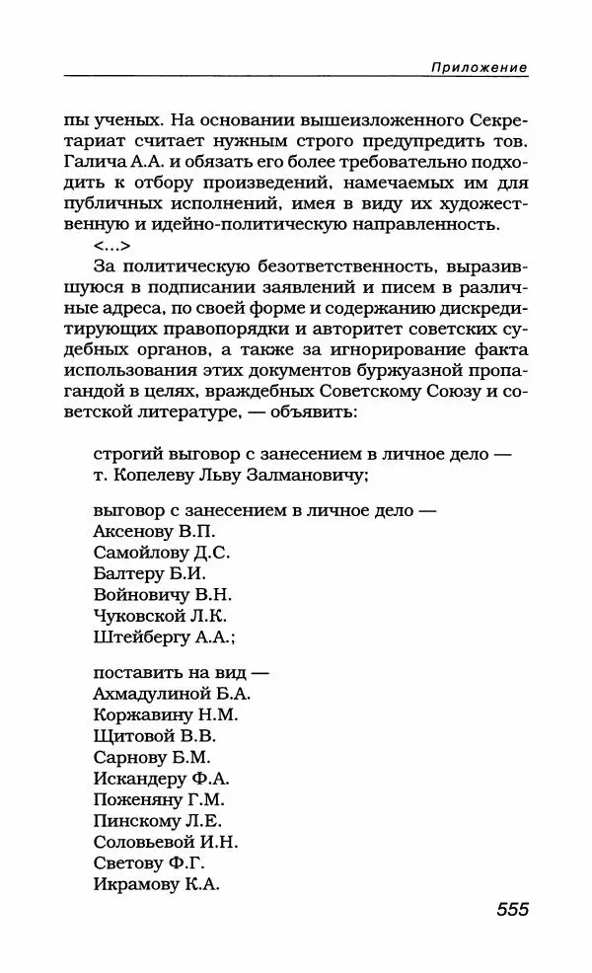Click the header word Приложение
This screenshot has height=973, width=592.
(x=479, y=67)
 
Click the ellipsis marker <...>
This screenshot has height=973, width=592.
(x=111, y=247)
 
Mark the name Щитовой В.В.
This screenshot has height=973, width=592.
(x=154, y=736)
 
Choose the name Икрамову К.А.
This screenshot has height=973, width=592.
(x=156, y=884)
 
